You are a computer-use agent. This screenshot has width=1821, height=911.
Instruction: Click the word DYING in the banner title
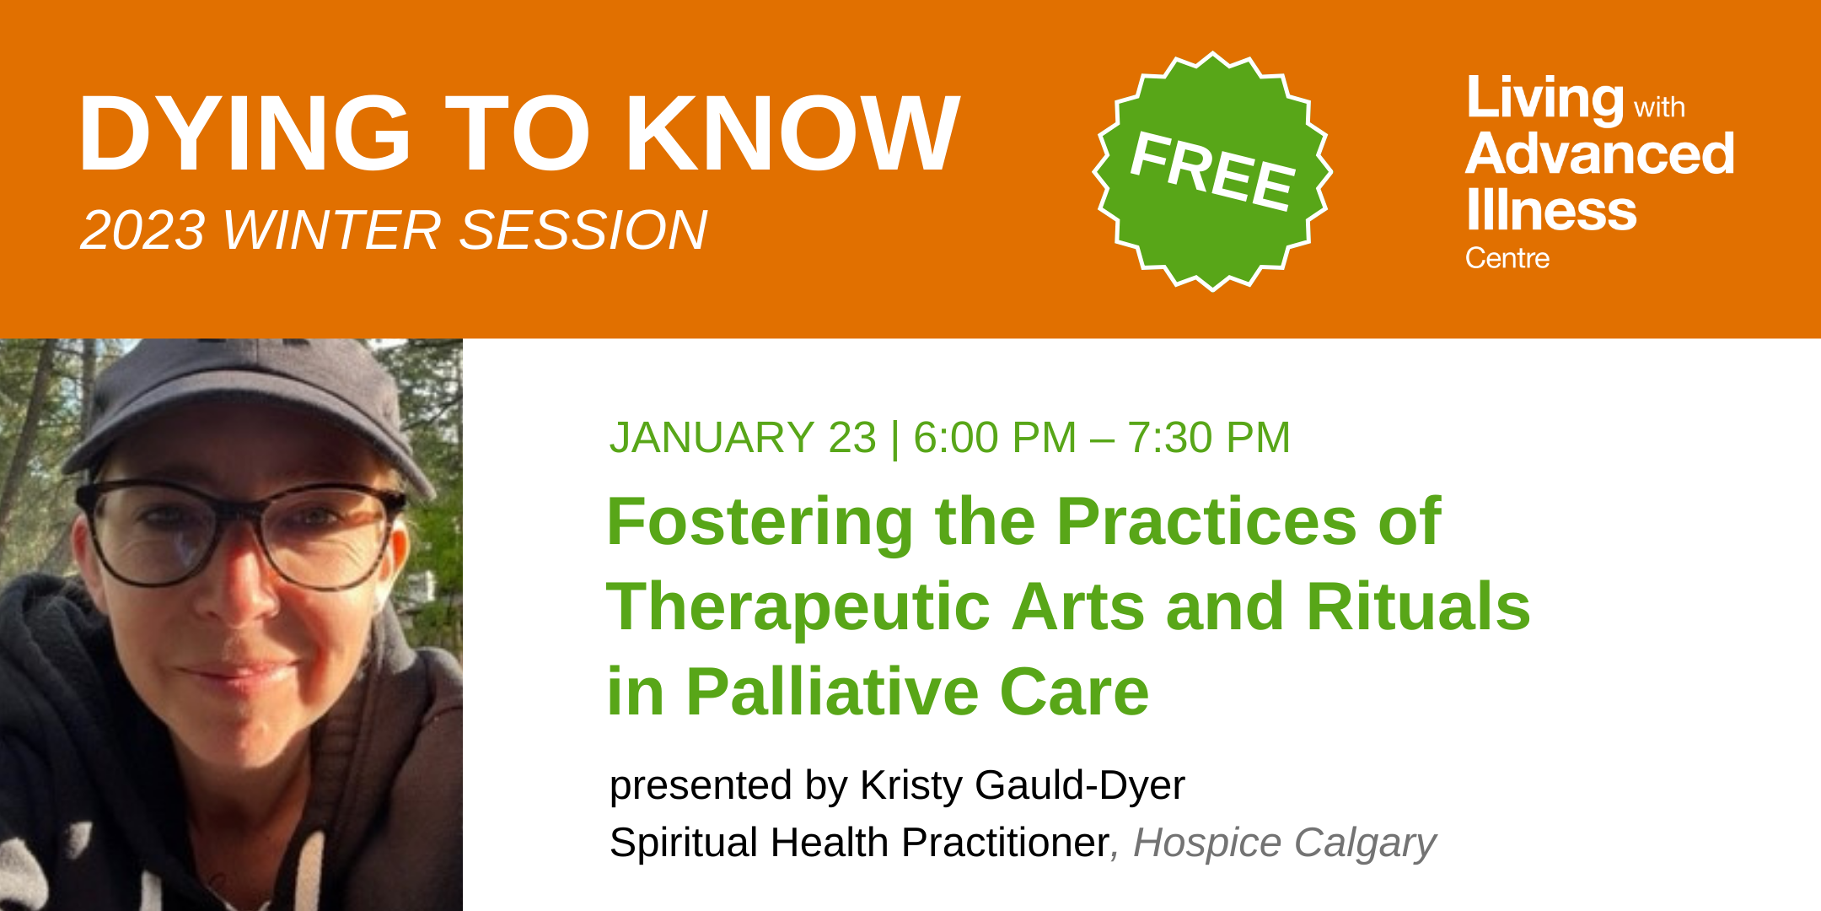244,133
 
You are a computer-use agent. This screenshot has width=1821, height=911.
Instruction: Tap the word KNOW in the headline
793,133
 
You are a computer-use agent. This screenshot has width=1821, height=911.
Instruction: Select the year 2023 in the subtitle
142,230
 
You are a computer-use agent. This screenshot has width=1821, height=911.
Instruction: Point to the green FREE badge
1212,171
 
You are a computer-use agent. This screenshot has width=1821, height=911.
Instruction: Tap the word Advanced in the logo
1600,154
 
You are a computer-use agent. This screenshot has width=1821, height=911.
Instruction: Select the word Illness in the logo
1551,209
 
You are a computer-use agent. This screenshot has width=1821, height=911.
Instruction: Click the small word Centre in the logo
1507,258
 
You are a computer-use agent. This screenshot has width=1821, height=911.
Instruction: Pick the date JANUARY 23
743,438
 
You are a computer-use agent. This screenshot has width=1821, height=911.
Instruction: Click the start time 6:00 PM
995,438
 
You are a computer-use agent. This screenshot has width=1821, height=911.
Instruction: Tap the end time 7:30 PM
1209,438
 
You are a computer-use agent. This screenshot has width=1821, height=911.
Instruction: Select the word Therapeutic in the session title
798,606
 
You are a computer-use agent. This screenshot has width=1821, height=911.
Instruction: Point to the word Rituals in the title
1418,606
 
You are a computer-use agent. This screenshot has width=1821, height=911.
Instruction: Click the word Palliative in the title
832,693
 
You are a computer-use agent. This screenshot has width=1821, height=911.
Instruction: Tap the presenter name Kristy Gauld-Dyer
1022,786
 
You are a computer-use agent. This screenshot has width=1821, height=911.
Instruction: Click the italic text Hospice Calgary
1285,844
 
